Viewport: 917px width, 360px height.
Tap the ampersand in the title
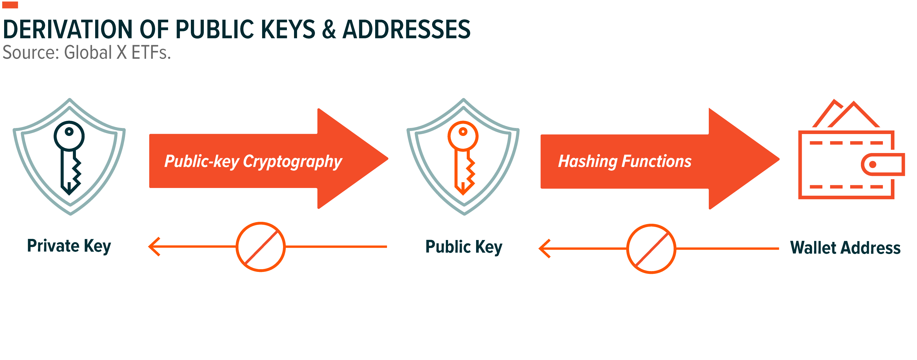329,29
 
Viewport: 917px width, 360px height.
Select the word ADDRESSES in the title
406,29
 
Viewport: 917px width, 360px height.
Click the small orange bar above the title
10,5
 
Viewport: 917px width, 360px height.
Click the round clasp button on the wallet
872,165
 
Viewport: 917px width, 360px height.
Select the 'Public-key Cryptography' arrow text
253,161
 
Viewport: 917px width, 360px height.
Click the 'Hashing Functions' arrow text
624,161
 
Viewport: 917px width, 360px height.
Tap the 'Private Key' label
69,246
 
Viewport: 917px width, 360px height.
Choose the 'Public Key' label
463,247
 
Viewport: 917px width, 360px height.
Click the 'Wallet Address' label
845,248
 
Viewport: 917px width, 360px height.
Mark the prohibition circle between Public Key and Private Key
260,247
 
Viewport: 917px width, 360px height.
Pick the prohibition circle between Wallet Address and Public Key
651,249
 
